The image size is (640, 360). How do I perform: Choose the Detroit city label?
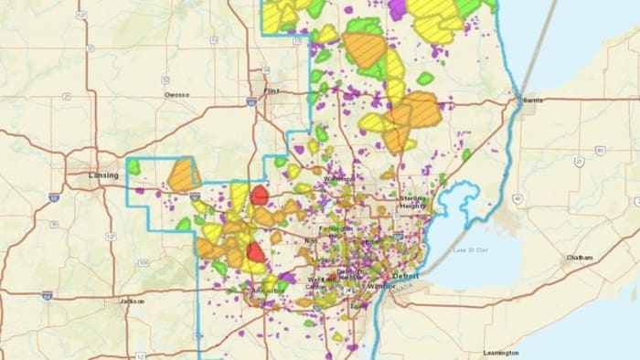tap(407, 275)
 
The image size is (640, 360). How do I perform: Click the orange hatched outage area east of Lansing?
tap(184, 174)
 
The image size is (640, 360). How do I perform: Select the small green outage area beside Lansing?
tap(134, 168)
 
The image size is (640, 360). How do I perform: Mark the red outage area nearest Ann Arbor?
tap(257, 253)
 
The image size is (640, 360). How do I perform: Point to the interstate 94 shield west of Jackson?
tap(47, 295)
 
